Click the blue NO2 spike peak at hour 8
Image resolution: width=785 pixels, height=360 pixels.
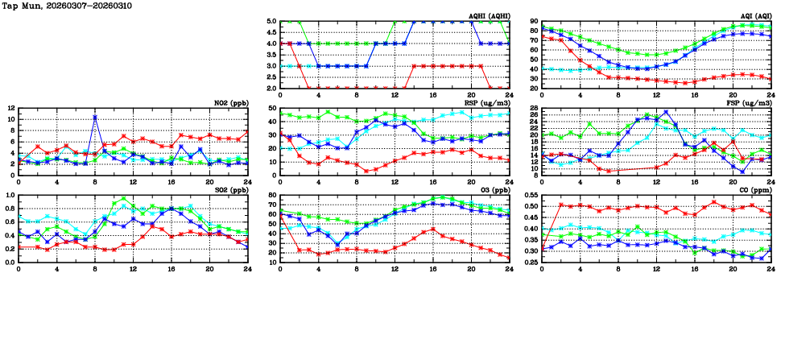point(95,118)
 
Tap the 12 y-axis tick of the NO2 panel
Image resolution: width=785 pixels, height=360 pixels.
point(10,108)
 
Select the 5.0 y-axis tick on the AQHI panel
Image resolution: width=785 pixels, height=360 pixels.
point(271,22)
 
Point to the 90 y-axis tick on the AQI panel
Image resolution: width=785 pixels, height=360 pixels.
point(533,22)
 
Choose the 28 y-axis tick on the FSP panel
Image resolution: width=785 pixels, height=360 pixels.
point(533,108)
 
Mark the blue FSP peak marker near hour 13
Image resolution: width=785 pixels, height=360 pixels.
point(666,112)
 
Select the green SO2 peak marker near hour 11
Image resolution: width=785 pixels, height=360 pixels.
point(123,198)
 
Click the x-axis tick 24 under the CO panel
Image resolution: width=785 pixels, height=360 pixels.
point(771,267)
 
